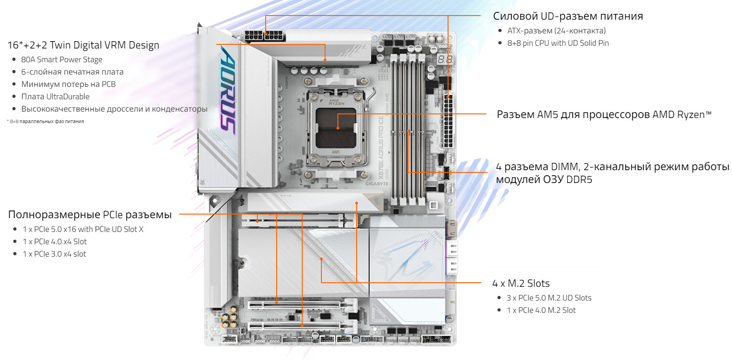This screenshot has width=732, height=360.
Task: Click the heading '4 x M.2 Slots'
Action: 521,283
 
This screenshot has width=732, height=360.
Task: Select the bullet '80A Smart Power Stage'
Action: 62,59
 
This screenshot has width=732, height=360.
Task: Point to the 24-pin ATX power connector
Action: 449,121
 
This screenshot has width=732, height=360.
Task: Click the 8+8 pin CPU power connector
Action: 265,35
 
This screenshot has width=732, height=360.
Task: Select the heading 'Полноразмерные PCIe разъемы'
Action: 90,215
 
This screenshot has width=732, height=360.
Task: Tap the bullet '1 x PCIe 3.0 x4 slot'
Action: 54,254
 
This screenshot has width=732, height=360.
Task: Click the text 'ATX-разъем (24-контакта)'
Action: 556,31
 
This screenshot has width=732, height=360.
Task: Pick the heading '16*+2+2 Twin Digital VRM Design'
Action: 83,45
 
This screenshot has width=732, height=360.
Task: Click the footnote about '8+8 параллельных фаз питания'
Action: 45,121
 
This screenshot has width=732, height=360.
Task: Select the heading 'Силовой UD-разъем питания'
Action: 568,16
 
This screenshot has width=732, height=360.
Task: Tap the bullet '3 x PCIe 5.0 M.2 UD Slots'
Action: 549,298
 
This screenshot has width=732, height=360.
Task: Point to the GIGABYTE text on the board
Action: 377,184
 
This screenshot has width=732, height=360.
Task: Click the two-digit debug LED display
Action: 445,59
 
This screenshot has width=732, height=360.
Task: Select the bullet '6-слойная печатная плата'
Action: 72,72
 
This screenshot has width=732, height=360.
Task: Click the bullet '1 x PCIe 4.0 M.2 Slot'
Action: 541,310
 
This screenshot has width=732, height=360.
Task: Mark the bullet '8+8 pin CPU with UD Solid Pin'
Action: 558,43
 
